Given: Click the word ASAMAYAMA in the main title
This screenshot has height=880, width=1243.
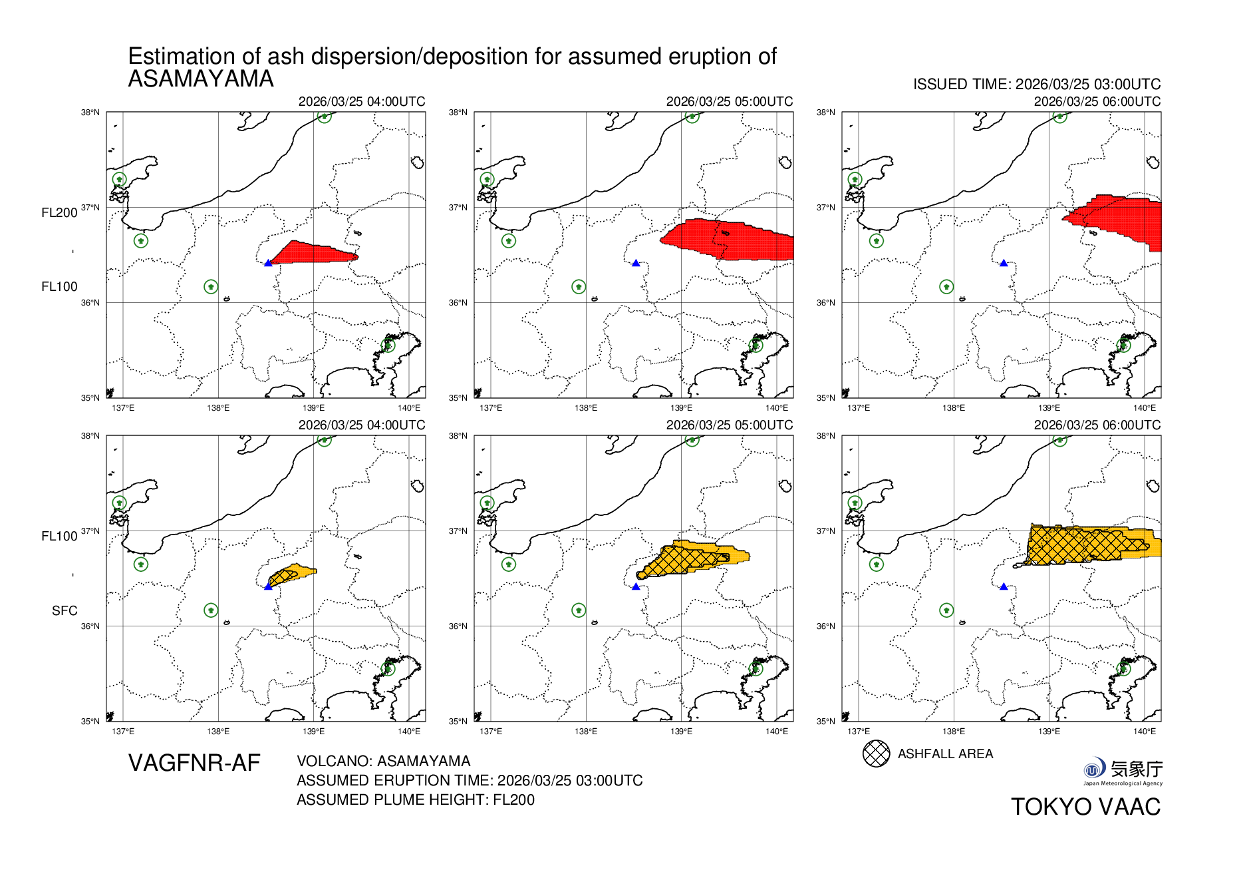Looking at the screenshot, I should (201, 79).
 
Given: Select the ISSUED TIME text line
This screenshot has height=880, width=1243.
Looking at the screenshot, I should (1036, 85).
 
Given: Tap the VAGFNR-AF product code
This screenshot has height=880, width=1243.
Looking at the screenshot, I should (194, 763).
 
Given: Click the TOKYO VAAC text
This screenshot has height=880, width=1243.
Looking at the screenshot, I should (1085, 807).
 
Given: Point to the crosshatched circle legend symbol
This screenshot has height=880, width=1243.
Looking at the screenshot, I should (876, 754).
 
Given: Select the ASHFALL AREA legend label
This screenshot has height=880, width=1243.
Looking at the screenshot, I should (945, 754).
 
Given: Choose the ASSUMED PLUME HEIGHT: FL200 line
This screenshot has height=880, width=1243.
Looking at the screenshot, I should (415, 799).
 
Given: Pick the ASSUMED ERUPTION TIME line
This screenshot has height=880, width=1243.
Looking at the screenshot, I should (470, 780).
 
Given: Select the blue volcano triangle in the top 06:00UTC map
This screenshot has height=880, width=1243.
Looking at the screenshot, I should (1004, 263).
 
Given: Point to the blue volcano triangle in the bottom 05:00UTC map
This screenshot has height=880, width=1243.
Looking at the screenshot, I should (636, 586).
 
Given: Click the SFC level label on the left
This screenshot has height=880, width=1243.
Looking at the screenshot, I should (65, 610).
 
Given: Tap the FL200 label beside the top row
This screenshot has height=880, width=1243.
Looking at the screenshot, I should (59, 212).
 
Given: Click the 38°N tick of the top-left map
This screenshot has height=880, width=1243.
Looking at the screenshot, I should (90, 112).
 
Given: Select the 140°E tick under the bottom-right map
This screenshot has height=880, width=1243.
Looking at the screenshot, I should (1144, 731).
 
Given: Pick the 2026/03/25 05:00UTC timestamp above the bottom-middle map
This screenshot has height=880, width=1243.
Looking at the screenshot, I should (729, 425).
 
